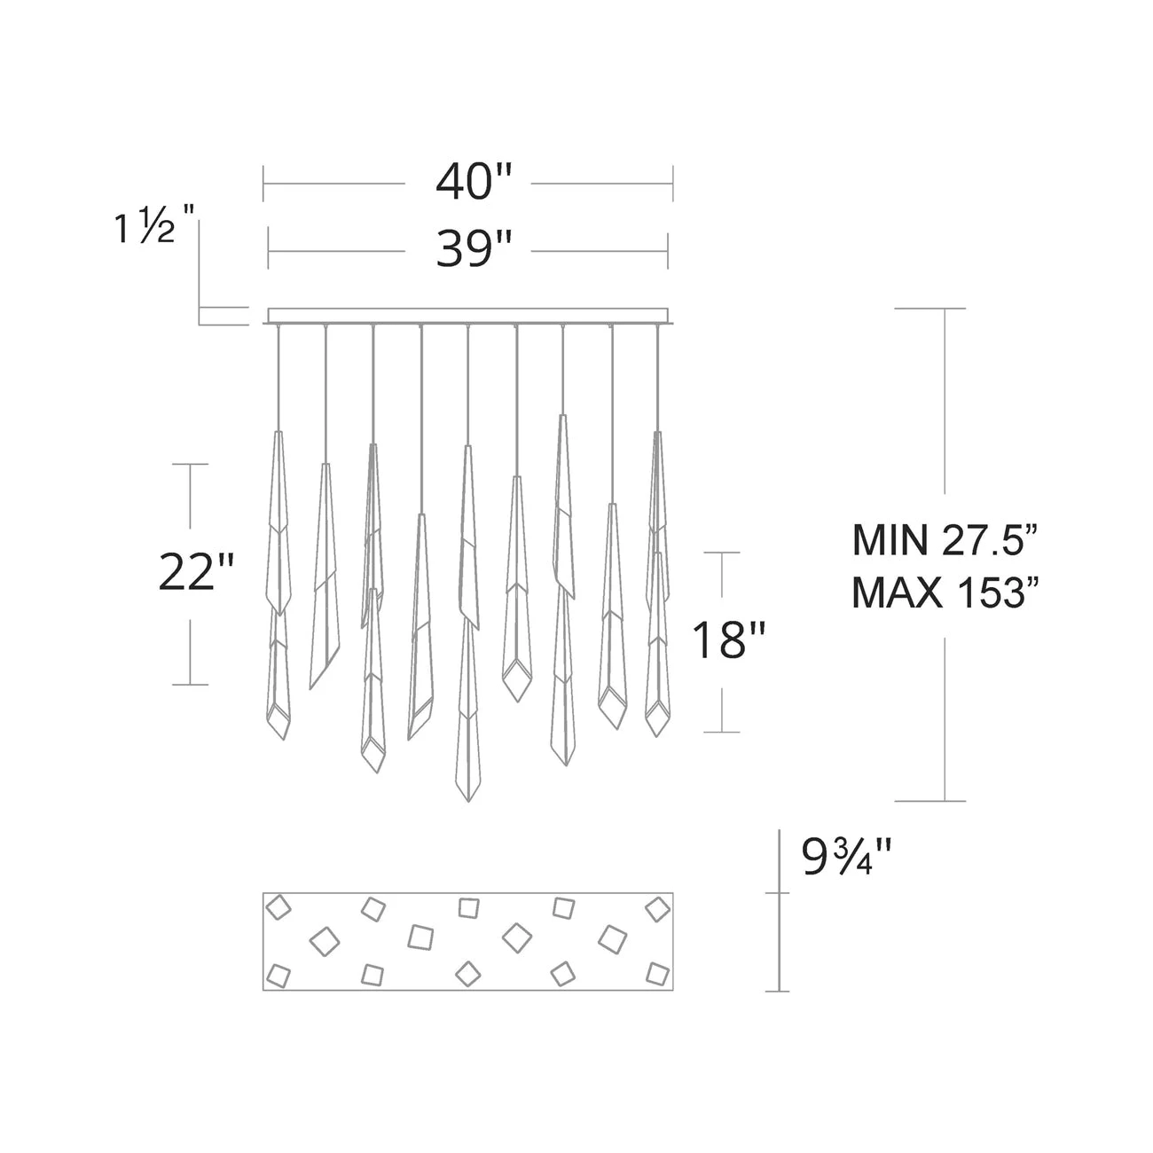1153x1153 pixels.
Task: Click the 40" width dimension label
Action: pyautogui.click(x=474, y=184)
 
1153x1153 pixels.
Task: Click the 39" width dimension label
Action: pyautogui.click(x=474, y=251)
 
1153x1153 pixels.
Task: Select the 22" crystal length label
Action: pyautogui.click(x=197, y=572)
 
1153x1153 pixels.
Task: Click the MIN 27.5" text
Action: pyautogui.click(x=944, y=540)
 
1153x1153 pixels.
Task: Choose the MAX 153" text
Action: pyautogui.click(x=944, y=593)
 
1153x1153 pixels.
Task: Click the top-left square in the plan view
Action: pyautogui.click(x=280, y=908)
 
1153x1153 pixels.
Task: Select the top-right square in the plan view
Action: pyautogui.click(x=657, y=909)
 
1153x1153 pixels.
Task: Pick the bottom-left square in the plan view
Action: pyautogui.click(x=279, y=976)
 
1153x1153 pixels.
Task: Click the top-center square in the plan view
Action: pyautogui.click(x=468, y=907)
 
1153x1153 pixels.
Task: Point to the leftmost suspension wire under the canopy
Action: pyautogui.click(x=278, y=377)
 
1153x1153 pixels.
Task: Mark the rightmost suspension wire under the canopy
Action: pyautogui.click(x=658, y=377)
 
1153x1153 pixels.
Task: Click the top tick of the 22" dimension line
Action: pyautogui.click(x=190, y=464)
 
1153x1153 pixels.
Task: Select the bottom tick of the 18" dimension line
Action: pyautogui.click(x=724, y=732)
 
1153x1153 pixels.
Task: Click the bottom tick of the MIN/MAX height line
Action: pyautogui.click(x=942, y=802)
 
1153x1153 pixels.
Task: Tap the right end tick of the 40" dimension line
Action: pyautogui.click(x=672, y=184)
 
